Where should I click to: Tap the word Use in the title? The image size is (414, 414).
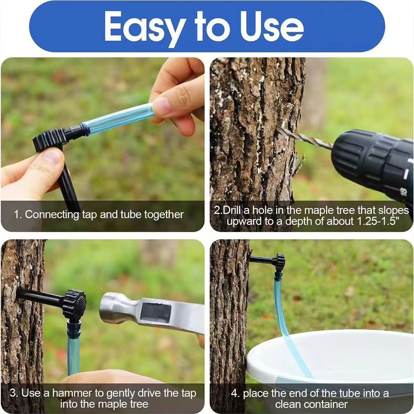[x=270, y=27]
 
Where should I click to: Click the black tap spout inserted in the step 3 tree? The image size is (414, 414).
[x=39, y=297]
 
